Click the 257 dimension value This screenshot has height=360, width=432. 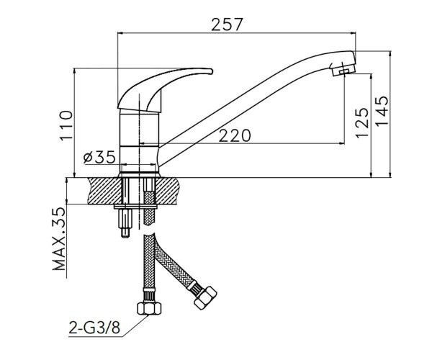click(228, 24)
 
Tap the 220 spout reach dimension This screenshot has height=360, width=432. click(235, 135)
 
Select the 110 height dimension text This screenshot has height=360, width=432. click(66, 125)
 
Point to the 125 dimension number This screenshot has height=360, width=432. click(361, 122)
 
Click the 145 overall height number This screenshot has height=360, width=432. click(382, 110)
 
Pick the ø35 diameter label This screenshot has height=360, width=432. click(99, 158)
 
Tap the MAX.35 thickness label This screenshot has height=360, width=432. click(59, 238)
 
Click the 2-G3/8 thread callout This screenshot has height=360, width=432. click(94, 328)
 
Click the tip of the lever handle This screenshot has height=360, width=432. click(212, 71)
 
